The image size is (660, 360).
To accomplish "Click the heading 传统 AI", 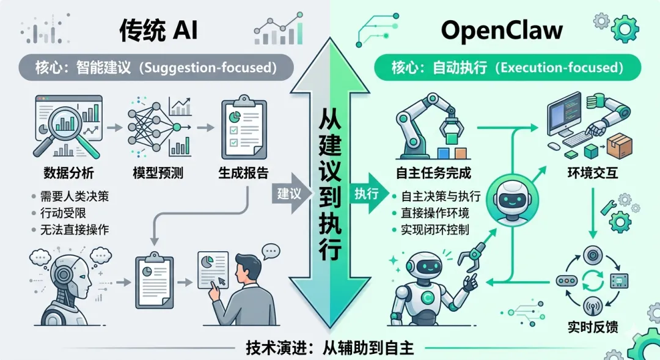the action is coord(158,29).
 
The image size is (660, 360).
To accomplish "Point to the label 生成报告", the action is coord(243,173).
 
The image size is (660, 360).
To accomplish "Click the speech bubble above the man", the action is coord(270,251).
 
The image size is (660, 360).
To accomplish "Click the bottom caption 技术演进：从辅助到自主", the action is coord(330,349).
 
